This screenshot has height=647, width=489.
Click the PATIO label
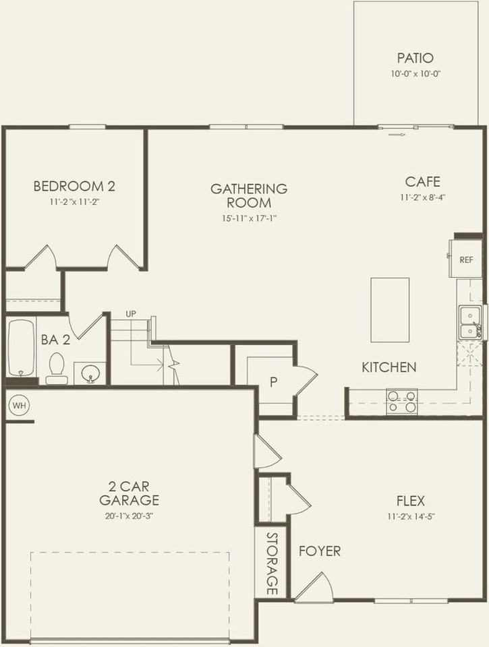coord(415,59)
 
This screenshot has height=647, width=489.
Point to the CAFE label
coord(423,181)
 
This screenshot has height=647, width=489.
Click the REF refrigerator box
coord(465,259)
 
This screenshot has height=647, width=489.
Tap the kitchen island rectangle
coord(390,310)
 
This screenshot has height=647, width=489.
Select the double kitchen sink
coord(469,322)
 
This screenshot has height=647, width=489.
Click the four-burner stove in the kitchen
coord(401,402)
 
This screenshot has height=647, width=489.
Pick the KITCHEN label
coord(389,367)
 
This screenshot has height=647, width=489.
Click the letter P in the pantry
coord(274,382)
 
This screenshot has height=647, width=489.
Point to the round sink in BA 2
coord(88,373)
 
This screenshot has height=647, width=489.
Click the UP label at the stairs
coord(132,314)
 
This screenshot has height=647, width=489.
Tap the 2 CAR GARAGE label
coord(129,493)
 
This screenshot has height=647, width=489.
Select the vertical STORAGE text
coord(272,563)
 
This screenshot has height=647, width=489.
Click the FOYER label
coord(320,551)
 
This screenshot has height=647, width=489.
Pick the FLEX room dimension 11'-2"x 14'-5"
coord(410,517)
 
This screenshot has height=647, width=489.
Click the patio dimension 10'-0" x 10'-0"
coord(415,74)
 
